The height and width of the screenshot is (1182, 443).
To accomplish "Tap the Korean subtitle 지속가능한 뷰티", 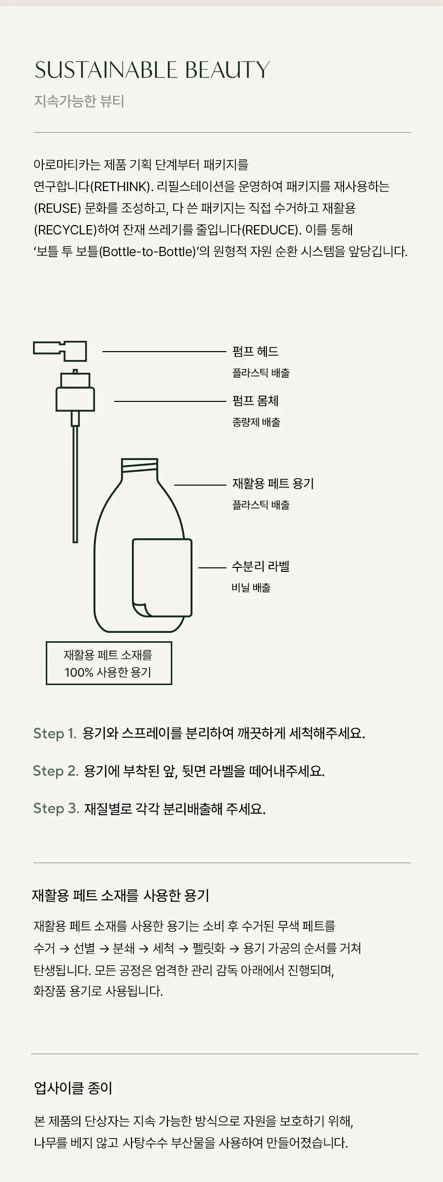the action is click(79, 101).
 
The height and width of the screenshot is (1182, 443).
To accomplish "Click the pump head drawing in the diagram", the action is click(60, 351).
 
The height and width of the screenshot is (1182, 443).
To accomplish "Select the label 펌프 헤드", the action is click(255, 351).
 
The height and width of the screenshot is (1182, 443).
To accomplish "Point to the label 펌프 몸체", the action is click(255, 400).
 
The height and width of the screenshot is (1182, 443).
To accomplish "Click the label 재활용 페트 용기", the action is click(273, 483).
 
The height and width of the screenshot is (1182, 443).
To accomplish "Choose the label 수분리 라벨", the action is click(260, 566).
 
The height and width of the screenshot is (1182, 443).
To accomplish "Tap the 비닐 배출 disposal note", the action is click(251, 587).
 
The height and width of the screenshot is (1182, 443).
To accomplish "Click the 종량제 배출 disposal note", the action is click(256, 422).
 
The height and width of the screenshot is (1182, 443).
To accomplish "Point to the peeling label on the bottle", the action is click(162, 577).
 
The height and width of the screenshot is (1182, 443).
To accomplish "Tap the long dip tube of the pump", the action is click(75, 484).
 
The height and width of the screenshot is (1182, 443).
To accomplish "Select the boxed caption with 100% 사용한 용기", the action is click(109, 663).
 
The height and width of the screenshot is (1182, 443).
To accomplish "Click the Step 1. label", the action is click(55, 733).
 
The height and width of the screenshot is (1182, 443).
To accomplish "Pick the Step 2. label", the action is click(56, 770).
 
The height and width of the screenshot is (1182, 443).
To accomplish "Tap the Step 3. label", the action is click(56, 808).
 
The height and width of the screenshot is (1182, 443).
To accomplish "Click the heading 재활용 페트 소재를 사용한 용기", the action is click(121, 895).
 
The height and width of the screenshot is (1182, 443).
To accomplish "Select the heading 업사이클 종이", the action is click(73, 1087).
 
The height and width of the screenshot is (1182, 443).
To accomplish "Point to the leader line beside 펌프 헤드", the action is click(164, 352).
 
